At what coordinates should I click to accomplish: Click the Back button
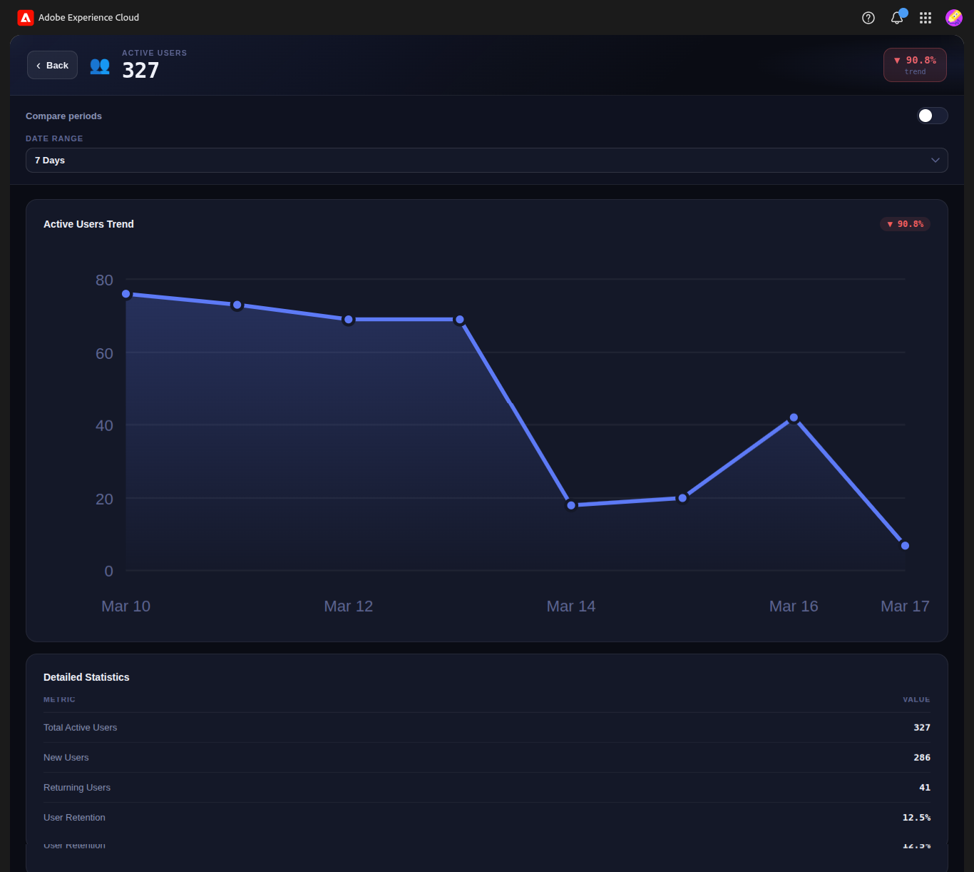tap(52, 66)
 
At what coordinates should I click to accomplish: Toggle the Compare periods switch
tap(932, 116)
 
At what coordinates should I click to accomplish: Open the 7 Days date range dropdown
tap(486, 161)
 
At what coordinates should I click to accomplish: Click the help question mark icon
tap(868, 18)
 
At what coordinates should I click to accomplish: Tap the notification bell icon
tap(897, 18)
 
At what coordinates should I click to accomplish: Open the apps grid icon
tap(926, 18)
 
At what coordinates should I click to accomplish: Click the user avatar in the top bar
tap(953, 18)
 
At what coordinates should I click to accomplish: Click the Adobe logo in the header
tap(26, 18)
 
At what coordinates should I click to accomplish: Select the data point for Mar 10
tap(126, 294)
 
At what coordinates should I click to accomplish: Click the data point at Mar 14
tap(571, 505)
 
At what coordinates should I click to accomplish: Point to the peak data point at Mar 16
tap(794, 417)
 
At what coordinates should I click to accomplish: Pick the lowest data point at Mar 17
tap(905, 546)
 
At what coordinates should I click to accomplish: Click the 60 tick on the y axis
tap(104, 353)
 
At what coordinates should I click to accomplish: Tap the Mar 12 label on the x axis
tap(348, 607)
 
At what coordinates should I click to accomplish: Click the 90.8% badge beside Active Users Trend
tap(905, 224)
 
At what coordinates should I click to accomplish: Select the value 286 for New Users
tap(921, 758)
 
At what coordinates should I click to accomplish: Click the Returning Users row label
tap(77, 788)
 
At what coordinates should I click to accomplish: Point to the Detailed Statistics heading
tap(86, 677)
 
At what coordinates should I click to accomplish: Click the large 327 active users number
tap(140, 71)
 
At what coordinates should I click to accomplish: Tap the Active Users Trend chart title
tap(88, 224)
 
